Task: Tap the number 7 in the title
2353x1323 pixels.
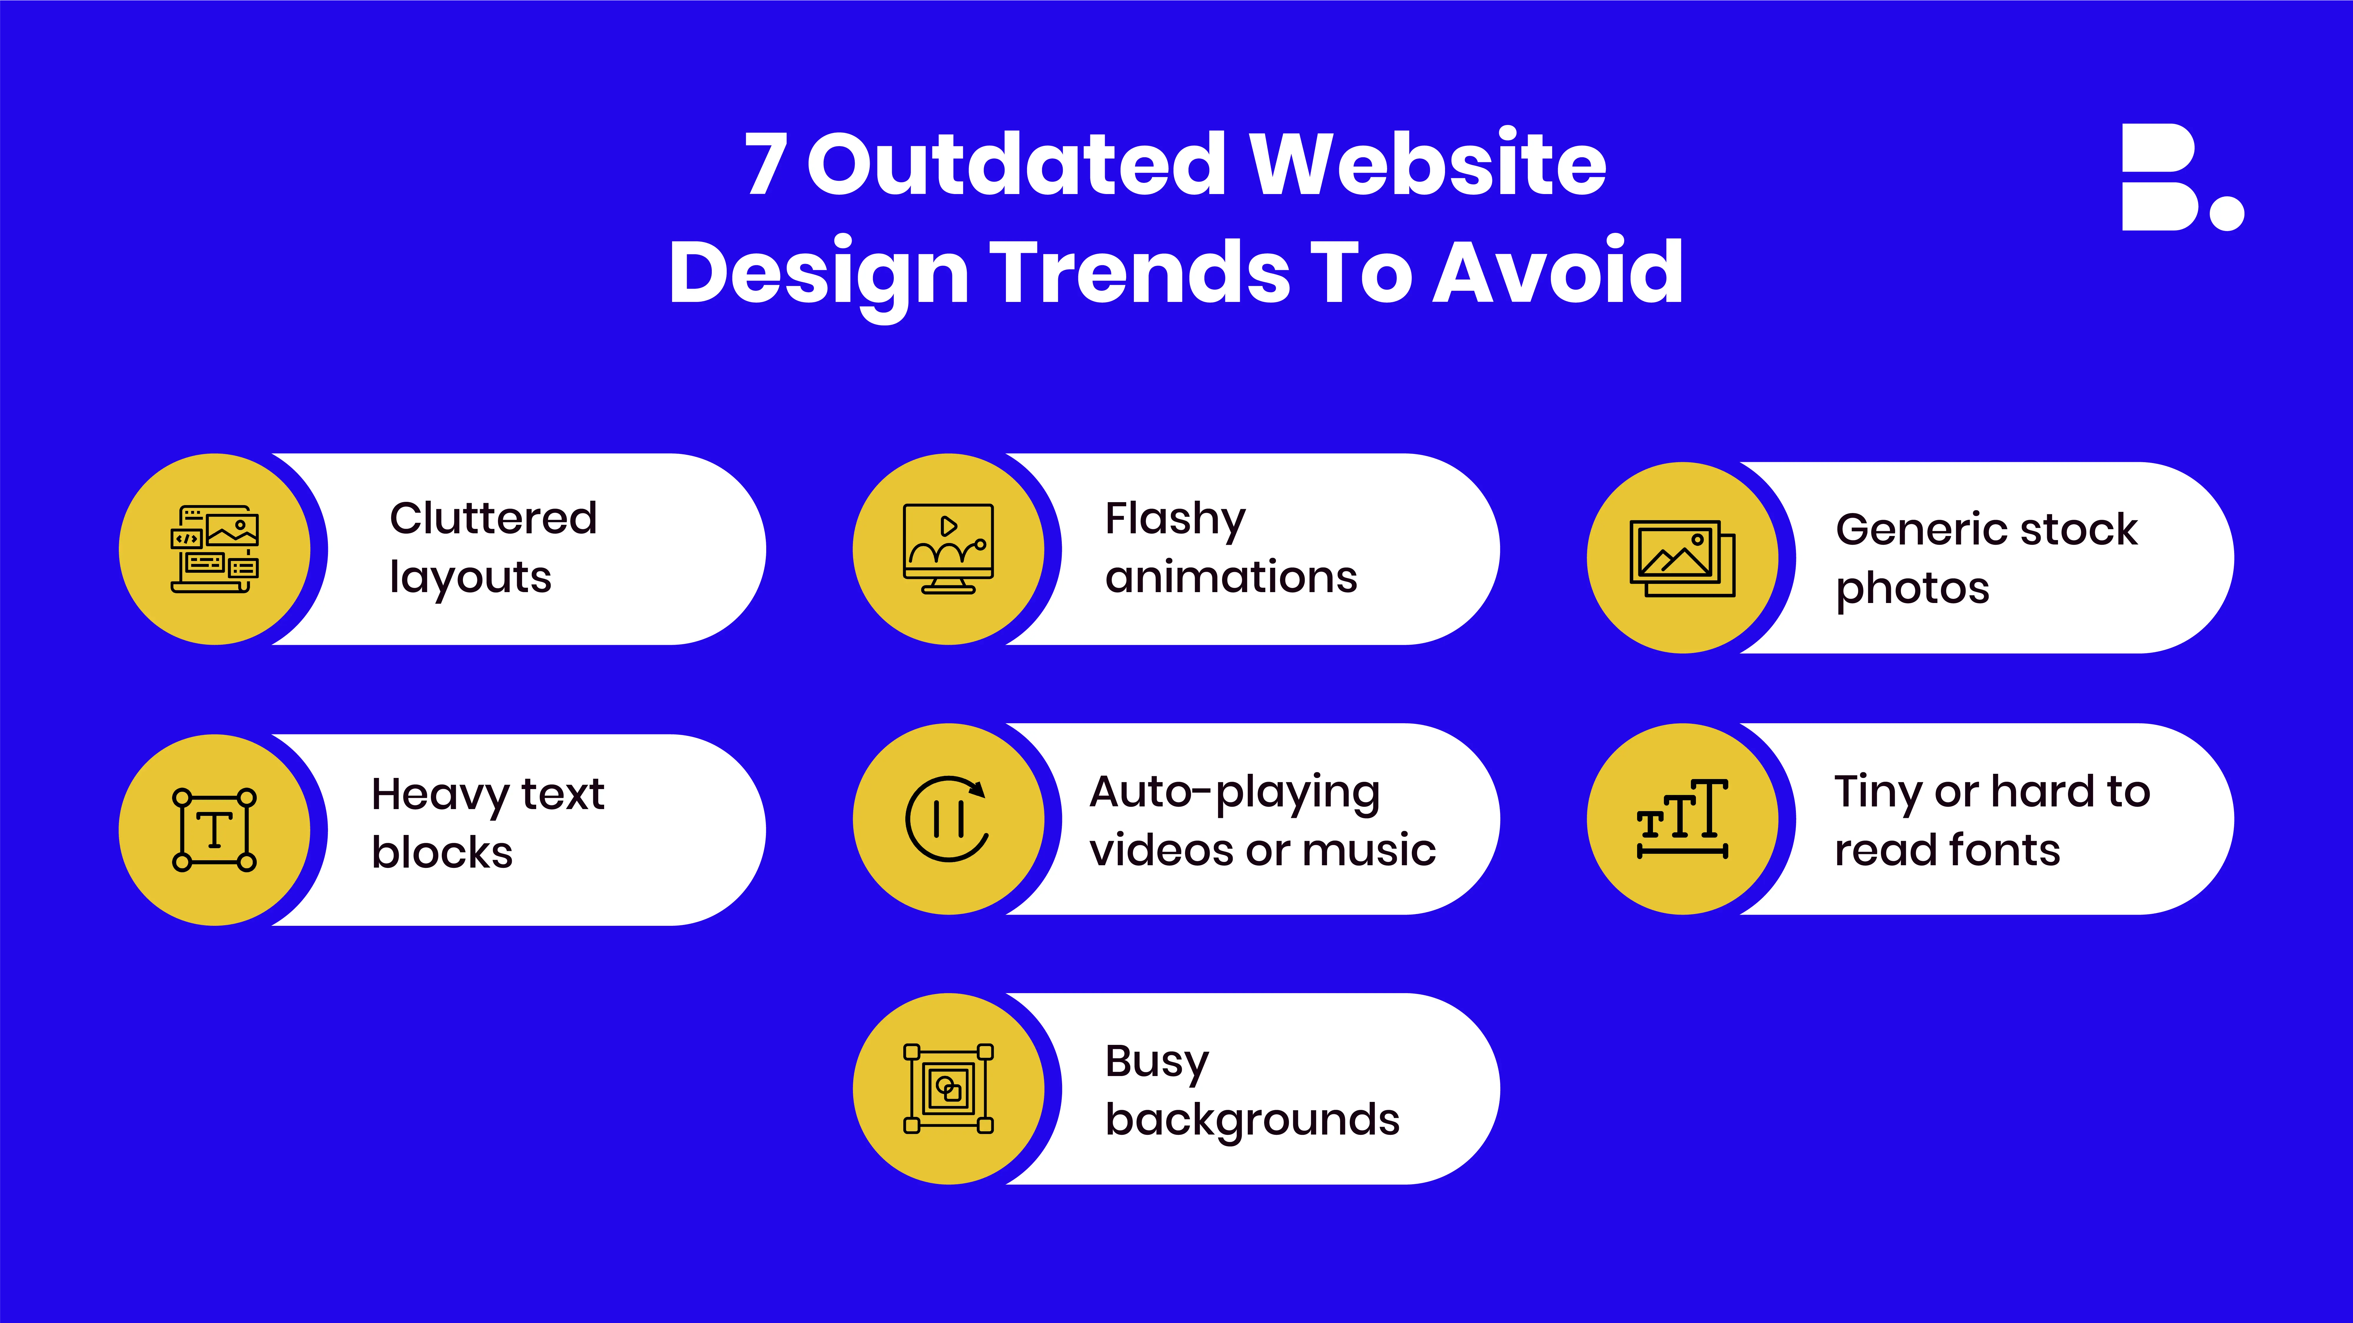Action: [x=765, y=164]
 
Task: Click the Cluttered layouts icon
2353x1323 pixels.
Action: [x=215, y=549]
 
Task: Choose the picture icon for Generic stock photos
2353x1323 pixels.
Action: [x=1682, y=558]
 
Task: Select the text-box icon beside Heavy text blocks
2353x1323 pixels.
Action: [x=215, y=829]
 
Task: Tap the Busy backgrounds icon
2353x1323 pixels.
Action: [x=948, y=1088]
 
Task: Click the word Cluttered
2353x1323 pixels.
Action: [x=493, y=519]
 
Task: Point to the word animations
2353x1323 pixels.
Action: [x=1231, y=577]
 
